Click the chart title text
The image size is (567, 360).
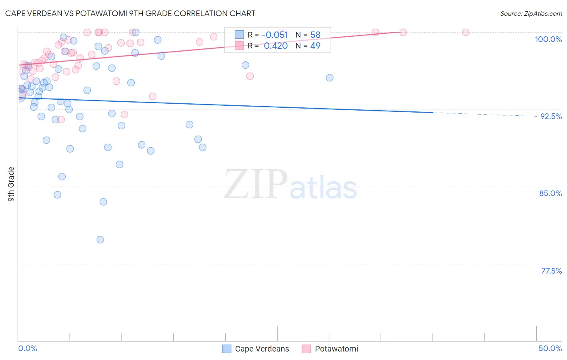[130, 13]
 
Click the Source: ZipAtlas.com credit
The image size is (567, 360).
[531, 13]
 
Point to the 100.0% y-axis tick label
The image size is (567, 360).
[548, 39]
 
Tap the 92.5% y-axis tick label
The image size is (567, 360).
[551, 116]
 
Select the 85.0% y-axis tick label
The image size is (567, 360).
[550, 193]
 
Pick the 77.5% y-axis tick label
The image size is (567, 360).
[551, 271]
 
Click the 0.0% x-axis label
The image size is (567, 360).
[27, 348]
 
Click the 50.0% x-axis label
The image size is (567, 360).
[550, 348]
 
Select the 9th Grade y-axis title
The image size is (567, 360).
[11, 184]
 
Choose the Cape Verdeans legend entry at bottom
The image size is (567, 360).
[256, 349]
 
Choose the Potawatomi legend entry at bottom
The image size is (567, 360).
[330, 349]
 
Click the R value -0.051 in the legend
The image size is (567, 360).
[275, 35]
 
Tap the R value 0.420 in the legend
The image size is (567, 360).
[276, 46]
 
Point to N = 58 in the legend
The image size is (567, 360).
[308, 35]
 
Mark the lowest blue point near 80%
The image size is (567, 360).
[100, 240]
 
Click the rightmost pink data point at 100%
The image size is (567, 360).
[466, 32]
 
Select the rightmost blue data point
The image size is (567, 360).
[329, 78]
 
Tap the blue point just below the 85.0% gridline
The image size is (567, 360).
[103, 202]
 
